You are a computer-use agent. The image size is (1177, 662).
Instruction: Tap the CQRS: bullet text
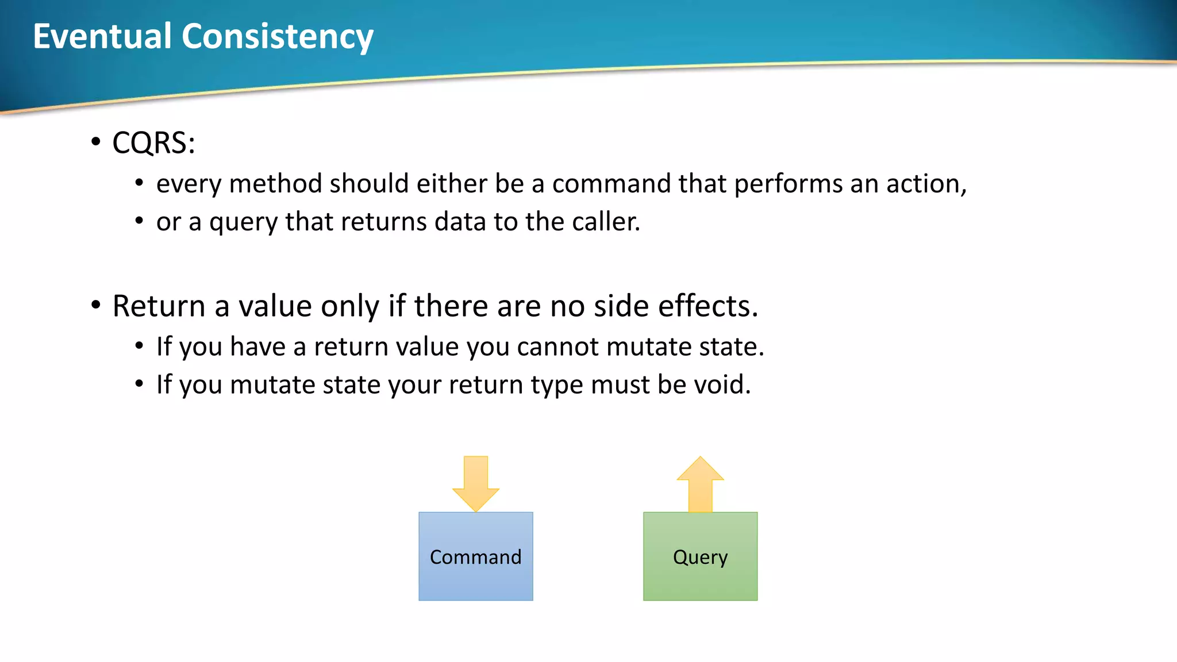[153, 143]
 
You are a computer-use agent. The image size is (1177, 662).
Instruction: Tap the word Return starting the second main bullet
[159, 306]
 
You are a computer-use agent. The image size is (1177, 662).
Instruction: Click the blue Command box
[476, 556]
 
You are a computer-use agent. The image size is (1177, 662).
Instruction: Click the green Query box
[700, 556]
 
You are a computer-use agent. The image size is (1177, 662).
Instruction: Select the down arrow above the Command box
[476, 483]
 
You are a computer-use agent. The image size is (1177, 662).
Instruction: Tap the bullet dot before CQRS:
[96, 142]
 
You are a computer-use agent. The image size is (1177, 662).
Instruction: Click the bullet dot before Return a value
[96, 305]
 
